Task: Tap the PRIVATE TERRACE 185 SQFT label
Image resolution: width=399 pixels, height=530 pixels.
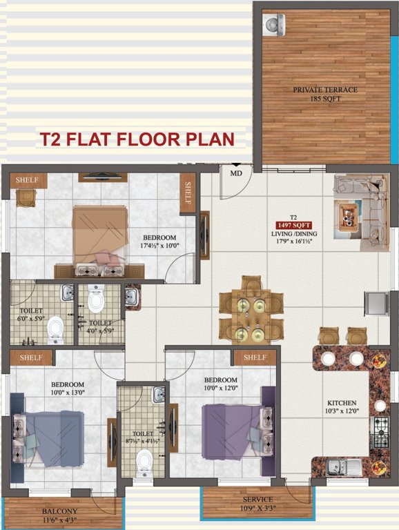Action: pyautogui.click(x=317, y=94)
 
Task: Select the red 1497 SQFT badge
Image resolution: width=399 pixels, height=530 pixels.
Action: pyautogui.click(x=293, y=225)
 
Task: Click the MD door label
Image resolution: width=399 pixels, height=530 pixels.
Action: pyautogui.click(x=236, y=173)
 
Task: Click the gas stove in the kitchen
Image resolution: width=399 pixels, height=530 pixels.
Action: pyautogui.click(x=381, y=432)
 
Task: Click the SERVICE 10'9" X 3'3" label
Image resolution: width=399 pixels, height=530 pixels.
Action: pyautogui.click(x=256, y=504)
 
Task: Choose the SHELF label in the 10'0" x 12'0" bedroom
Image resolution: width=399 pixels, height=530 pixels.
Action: pyautogui.click(x=255, y=357)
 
